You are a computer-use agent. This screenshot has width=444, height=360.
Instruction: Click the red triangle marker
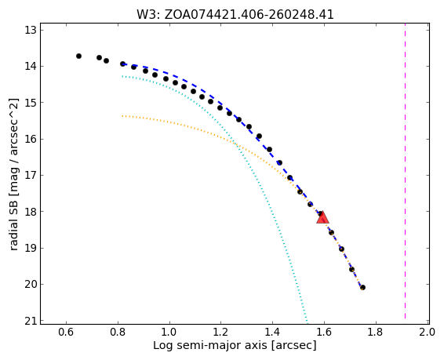322,217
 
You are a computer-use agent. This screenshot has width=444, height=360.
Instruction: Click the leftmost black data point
78,56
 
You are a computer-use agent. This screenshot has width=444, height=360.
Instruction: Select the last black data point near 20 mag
362,288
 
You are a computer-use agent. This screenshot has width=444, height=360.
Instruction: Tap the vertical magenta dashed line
405,173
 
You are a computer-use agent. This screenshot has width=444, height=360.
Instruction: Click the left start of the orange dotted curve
122,116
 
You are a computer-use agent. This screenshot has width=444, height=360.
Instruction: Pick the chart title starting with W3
235,14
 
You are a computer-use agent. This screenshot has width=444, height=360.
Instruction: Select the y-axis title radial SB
13,174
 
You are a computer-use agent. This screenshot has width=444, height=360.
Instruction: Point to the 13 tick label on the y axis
31,30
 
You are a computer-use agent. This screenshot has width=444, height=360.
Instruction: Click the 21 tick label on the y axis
31,321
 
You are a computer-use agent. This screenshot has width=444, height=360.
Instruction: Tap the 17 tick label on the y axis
31,176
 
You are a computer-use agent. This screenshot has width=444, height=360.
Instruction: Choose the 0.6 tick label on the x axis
66,332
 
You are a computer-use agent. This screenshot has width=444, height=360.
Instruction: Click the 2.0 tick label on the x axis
427,332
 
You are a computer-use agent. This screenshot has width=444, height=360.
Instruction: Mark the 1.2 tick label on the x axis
220,332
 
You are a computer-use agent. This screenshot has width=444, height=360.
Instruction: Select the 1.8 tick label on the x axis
376,332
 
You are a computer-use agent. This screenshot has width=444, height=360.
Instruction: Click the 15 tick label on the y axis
31,103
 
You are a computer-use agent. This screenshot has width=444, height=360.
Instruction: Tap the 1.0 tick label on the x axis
169,332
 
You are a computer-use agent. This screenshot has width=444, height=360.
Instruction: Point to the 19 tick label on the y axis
31,248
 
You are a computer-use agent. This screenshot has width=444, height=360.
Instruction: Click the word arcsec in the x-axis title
293,346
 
